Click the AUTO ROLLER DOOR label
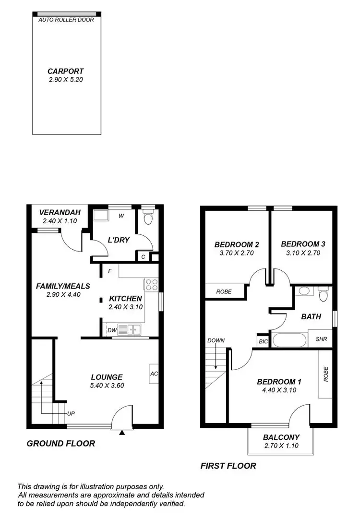pos(66,20)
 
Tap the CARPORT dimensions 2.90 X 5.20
pos(66,80)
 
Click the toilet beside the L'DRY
pos(148,219)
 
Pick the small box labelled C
pos(143,257)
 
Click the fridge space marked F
pos(110,271)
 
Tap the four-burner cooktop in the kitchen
pos(152,285)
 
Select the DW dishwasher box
pos(111,330)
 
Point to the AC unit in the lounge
pos(154,374)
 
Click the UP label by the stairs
pos(71,413)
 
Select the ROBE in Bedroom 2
pos(224,291)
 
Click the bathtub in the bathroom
pos(289,341)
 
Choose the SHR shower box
pos(321,339)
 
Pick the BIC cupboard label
pos(263,341)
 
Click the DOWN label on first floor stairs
pos(216,340)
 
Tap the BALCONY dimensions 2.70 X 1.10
pos(281,446)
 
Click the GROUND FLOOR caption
pos(60,444)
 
